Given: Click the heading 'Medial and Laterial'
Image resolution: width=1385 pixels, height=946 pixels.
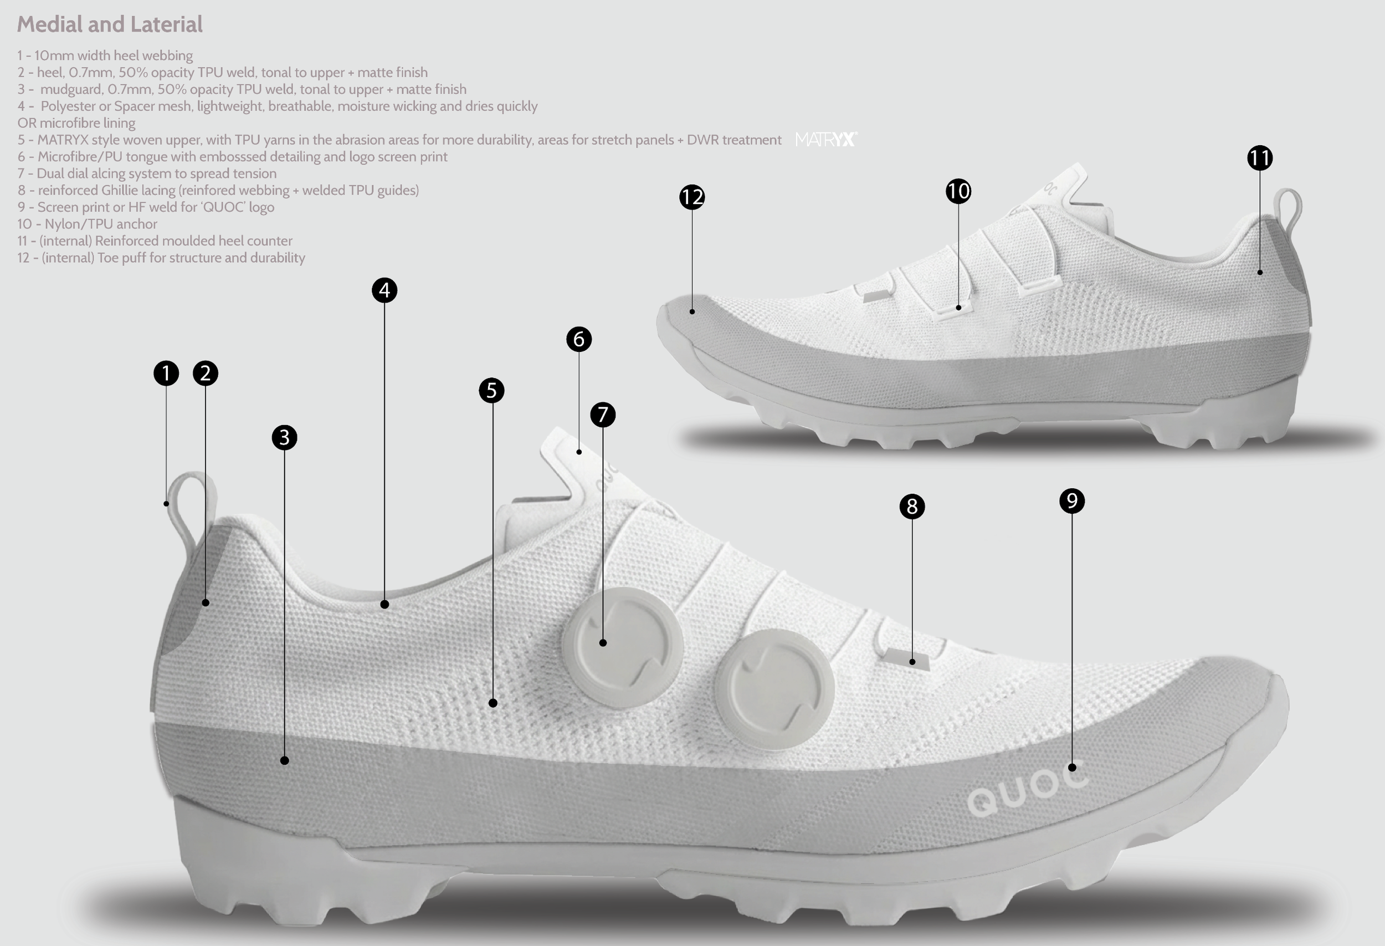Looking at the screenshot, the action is pos(110,24).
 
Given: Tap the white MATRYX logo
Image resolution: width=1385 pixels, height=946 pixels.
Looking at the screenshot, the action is pos(825,140).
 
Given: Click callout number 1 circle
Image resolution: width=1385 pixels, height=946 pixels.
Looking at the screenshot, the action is pos(166,373).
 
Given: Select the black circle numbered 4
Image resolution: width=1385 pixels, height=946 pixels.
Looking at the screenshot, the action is pos(384,290).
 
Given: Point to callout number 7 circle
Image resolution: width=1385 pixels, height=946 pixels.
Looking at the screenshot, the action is pos(603,415).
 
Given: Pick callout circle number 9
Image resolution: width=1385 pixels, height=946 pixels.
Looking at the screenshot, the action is pos(1071,501).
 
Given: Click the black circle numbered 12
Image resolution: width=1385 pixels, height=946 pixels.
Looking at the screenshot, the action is pos(692,197).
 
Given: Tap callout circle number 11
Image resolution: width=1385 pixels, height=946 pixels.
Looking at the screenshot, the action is pos(1259,158).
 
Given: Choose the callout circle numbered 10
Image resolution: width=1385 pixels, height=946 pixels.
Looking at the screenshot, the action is pos(958,191).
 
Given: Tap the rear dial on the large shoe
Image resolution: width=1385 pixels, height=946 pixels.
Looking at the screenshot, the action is pos(622,647).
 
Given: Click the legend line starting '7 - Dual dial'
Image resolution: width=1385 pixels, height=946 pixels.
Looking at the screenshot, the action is pos(147,173).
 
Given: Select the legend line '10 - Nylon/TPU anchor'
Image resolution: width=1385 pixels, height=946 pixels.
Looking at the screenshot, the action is pos(87,224).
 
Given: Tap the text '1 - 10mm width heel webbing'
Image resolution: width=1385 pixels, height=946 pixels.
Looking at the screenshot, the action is pos(105,55).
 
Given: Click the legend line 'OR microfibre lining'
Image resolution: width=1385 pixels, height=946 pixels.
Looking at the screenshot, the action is pos(76,123).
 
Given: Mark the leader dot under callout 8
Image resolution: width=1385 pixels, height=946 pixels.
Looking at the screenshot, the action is pos(912,662).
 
